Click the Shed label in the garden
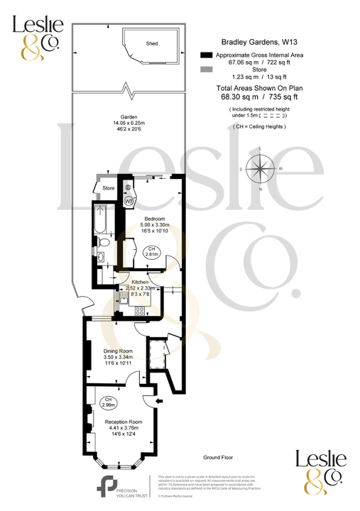tap(152, 43)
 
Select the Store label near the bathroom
tap(108, 188)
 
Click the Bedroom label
tap(155, 219)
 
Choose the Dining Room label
tap(118, 351)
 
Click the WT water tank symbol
tap(129, 201)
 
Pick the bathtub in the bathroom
tap(99, 221)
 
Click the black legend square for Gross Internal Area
tap(206, 55)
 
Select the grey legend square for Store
tap(206, 70)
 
